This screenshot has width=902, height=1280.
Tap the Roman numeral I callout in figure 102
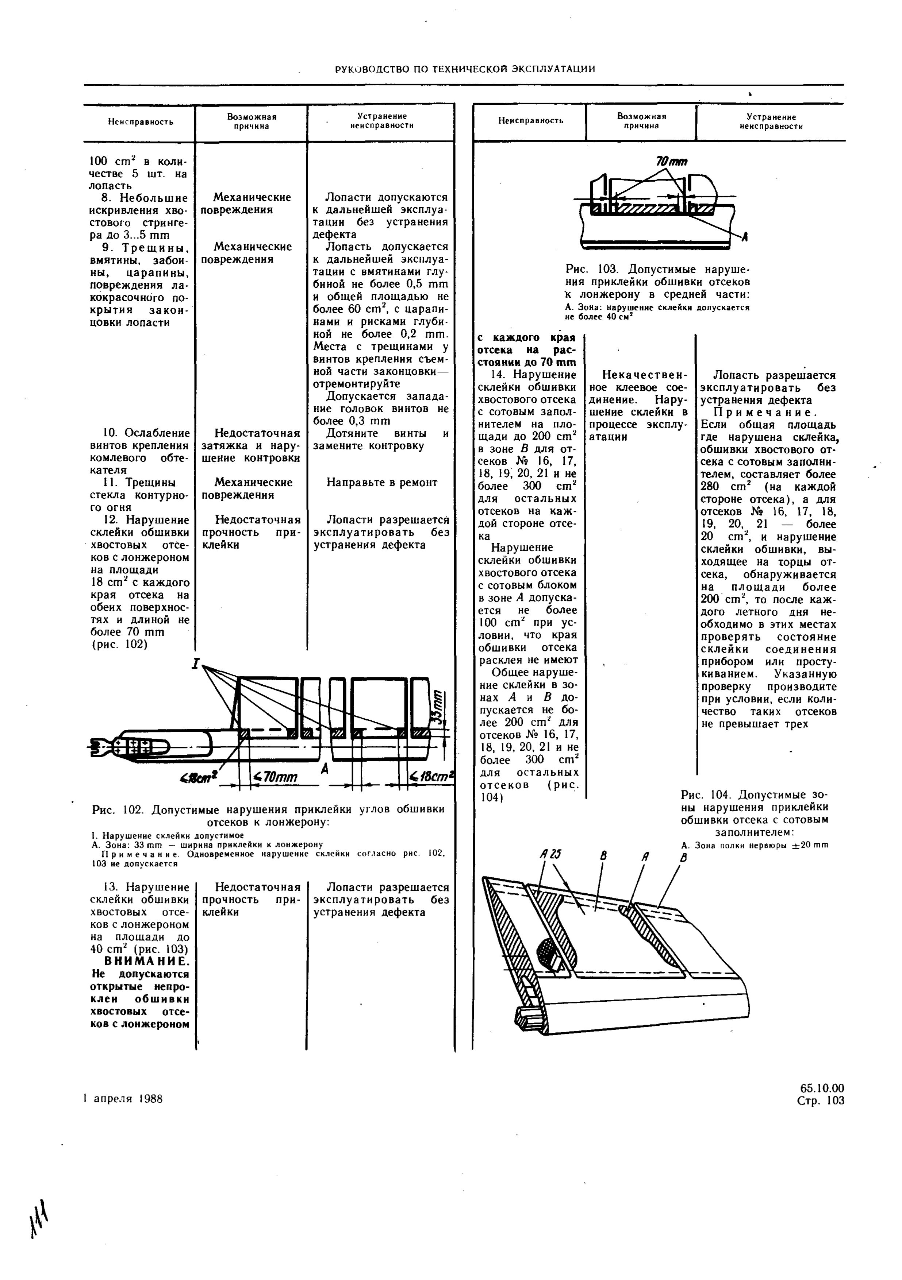pos(196,664)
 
